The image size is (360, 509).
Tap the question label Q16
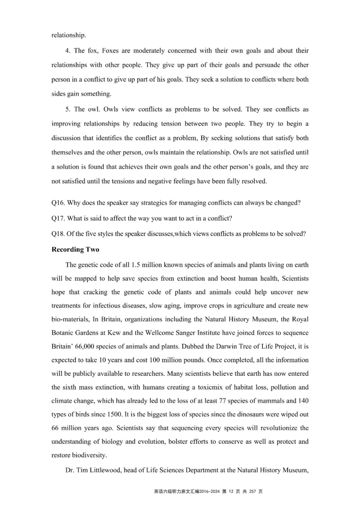58,203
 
